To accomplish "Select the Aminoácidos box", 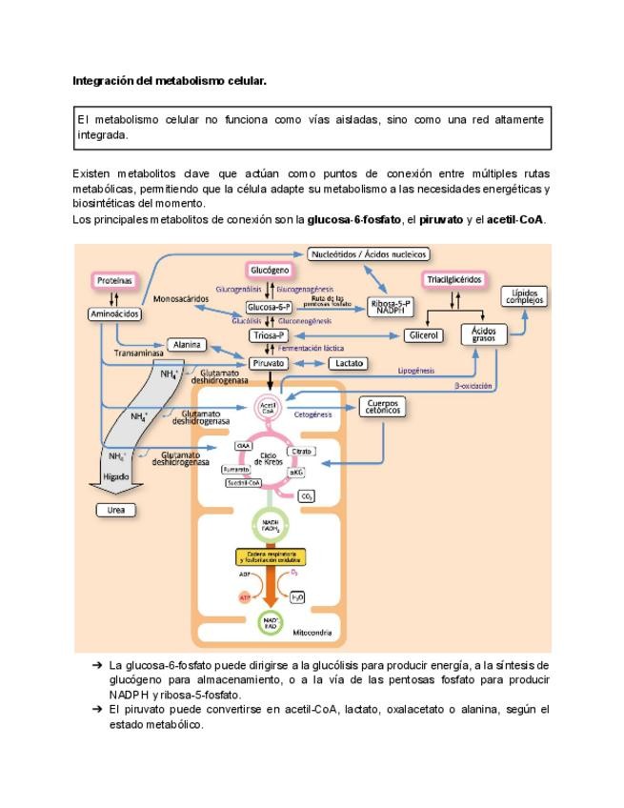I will click(114, 313).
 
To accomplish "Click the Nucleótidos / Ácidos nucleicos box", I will click(369, 254).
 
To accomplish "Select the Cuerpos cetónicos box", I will click(381, 407).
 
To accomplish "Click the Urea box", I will click(115, 510).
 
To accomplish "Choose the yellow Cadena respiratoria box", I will click(271, 557).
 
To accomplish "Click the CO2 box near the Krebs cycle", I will click(307, 496).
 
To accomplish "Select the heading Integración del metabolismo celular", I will click(170, 82).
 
